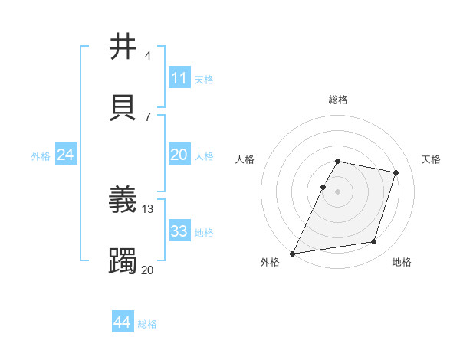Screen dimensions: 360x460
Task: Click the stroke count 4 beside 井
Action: pos(147,56)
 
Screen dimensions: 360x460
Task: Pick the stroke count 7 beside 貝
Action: pos(147,117)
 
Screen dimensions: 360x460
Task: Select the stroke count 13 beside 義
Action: pos(148,208)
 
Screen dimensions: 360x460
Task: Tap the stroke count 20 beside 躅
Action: pos(148,270)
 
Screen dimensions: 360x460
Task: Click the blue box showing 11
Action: pos(179,78)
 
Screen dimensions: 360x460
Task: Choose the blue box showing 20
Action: pos(179,155)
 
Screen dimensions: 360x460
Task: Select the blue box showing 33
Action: pos(179,231)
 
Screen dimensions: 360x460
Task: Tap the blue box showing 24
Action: pos(65,155)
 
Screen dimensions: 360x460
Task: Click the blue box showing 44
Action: pos(122,322)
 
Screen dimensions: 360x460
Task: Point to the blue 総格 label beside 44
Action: pos(147,324)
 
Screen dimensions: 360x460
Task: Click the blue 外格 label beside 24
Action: pos(41,156)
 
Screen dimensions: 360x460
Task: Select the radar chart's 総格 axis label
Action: pos(338,100)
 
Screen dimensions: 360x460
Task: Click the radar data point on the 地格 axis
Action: pos(374,242)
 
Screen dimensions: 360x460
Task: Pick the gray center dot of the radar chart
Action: pos(338,191)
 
